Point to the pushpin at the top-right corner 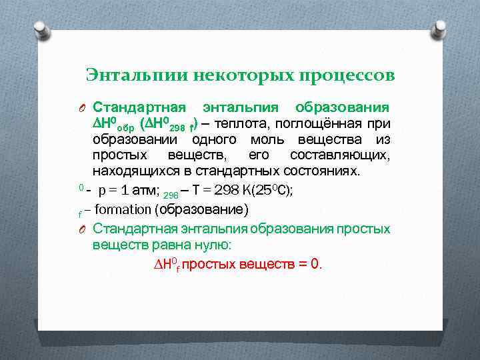click(438, 29)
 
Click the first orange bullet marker click(80, 109)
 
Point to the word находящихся click(134, 171)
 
